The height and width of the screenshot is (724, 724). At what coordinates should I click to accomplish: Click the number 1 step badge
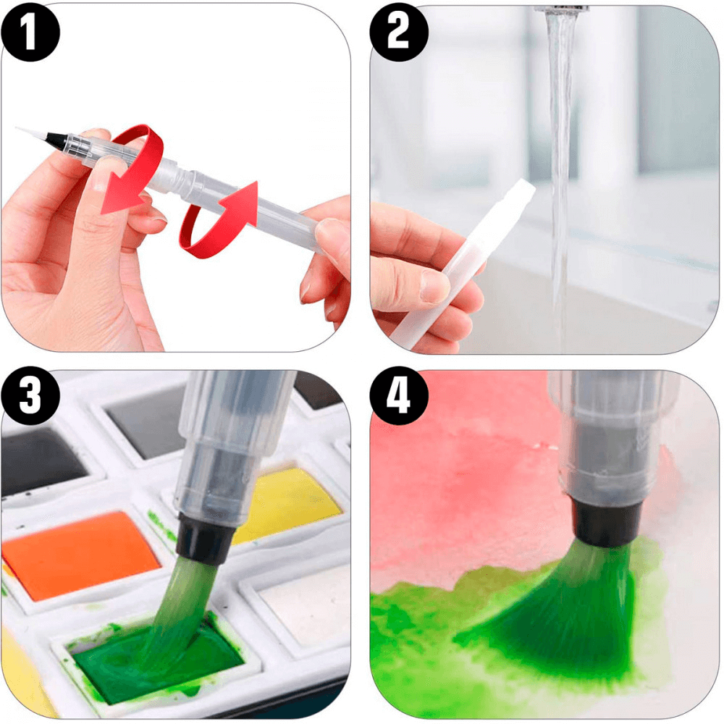coord(30,33)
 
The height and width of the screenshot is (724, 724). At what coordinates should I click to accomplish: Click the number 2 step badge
coord(399,33)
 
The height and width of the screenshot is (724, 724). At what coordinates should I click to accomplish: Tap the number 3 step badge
coord(30,396)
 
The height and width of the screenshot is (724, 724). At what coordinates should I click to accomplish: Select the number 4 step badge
coord(399,396)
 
